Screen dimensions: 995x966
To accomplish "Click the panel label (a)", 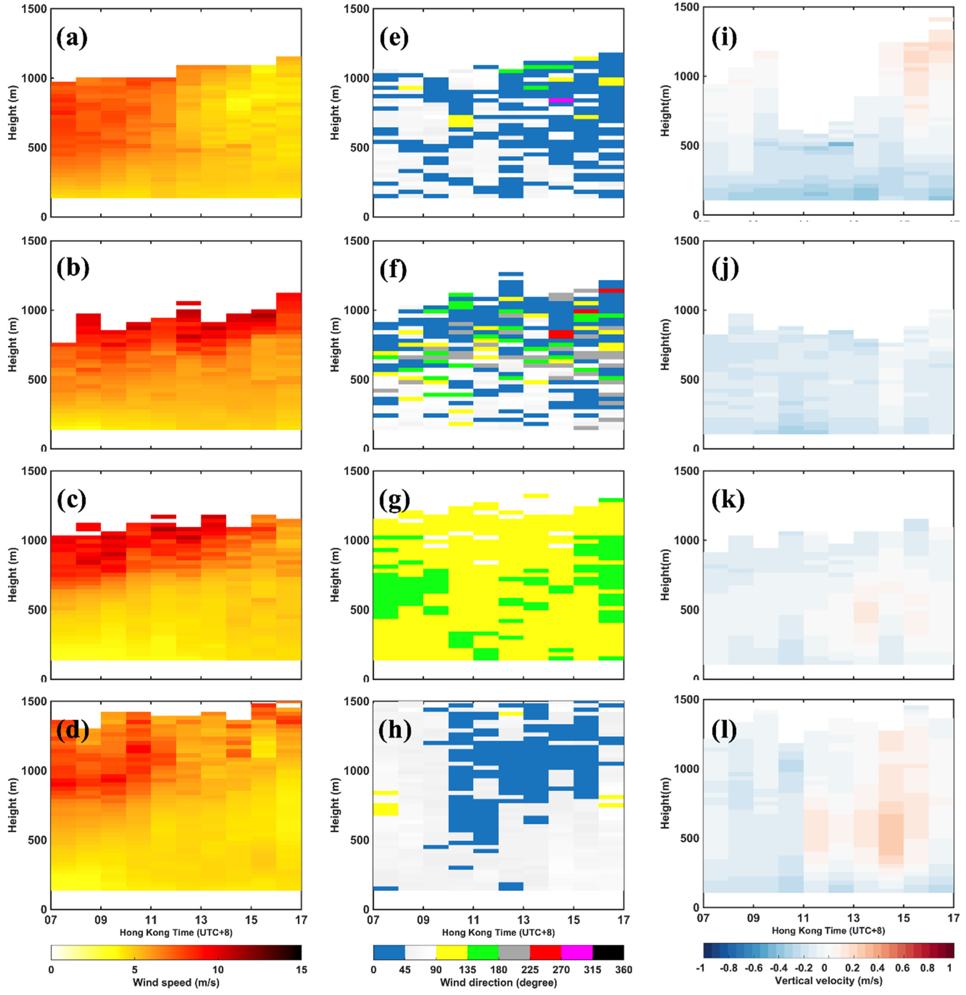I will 72,38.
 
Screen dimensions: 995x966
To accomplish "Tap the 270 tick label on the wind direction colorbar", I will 561,970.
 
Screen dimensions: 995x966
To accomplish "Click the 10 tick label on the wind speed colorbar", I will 218,970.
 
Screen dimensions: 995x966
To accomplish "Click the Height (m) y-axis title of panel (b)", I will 12,345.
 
